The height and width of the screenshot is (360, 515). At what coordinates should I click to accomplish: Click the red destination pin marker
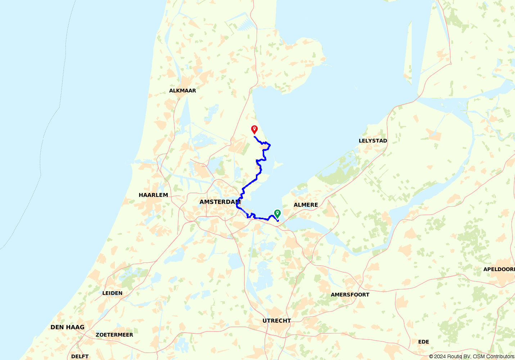pyautogui.click(x=254, y=129)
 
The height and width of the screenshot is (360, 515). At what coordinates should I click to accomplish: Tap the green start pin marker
pyautogui.click(x=277, y=213)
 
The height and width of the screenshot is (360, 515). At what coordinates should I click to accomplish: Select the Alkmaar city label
pyautogui.click(x=182, y=91)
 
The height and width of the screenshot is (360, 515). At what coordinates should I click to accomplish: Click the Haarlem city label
pyautogui.click(x=153, y=195)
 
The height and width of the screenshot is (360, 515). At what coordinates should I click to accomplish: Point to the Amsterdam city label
pyautogui.click(x=220, y=202)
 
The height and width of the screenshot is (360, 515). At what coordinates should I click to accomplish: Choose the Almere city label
pyautogui.click(x=306, y=205)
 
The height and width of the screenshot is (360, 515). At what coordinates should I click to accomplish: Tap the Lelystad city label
pyautogui.click(x=373, y=141)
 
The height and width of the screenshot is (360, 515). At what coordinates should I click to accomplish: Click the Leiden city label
pyautogui.click(x=112, y=293)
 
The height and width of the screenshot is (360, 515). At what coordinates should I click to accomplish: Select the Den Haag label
pyautogui.click(x=67, y=327)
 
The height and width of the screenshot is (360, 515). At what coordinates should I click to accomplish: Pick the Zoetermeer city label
pyautogui.click(x=114, y=335)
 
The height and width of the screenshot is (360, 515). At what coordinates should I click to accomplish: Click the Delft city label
pyautogui.click(x=80, y=356)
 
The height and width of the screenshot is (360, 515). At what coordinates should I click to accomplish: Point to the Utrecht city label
pyautogui.click(x=276, y=321)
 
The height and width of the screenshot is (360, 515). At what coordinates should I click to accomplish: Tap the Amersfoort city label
pyautogui.click(x=350, y=295)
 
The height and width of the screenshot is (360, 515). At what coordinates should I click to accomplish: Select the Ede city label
pyautogui.click(x=423, y=342)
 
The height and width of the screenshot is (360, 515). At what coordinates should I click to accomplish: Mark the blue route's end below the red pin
pyautogui.click(x=254, y=136)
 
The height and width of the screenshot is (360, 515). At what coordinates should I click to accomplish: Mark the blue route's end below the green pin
pyautogui.click(x=278, y=221)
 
